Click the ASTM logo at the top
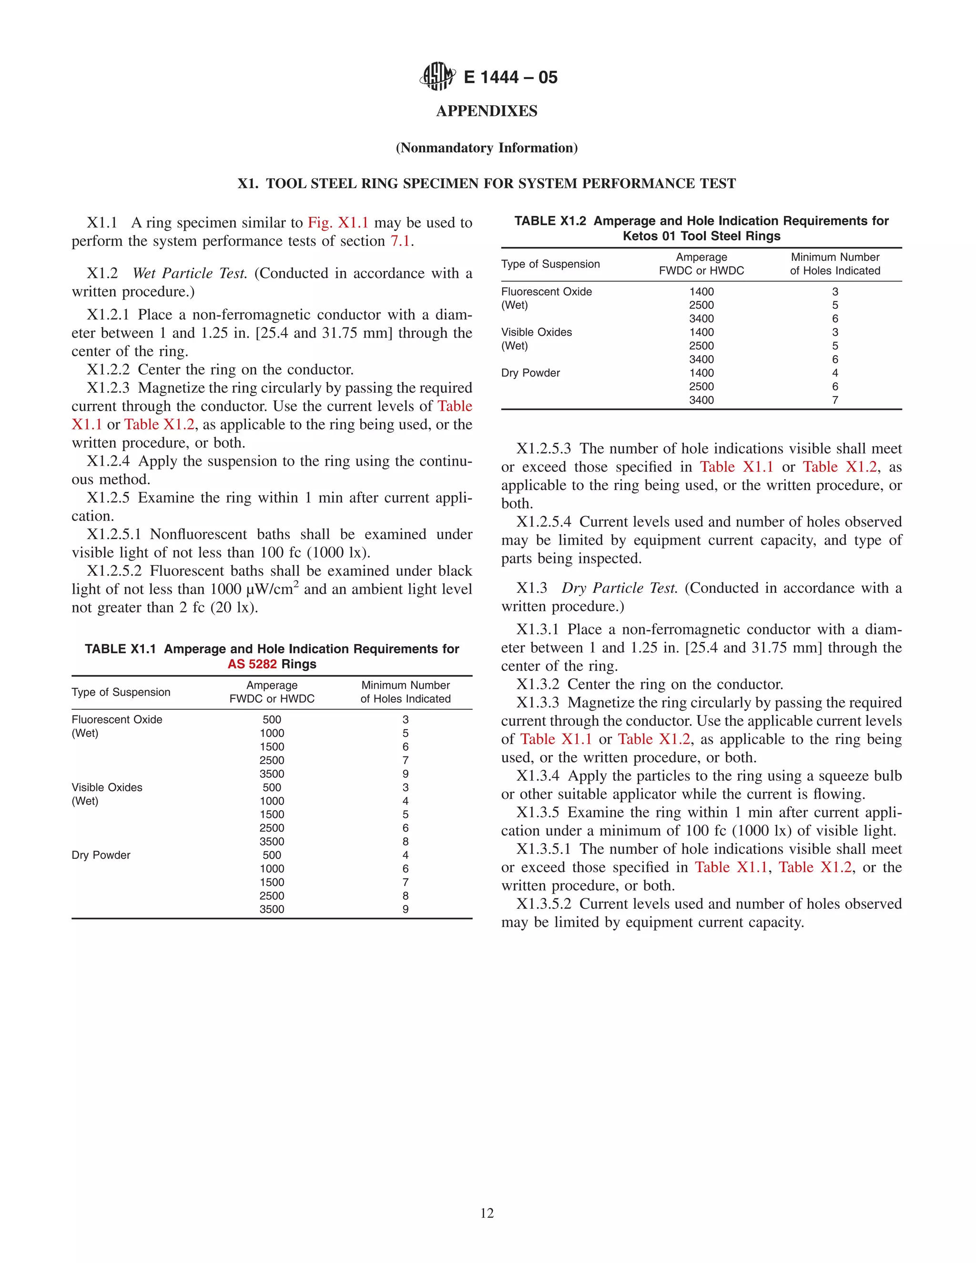[437, 76]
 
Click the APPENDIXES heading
[487, 111]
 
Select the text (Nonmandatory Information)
[487, 148]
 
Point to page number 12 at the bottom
[487, 1213]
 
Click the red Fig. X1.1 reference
[338, 223]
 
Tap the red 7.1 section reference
[401, 241]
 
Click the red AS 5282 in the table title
[252, 664]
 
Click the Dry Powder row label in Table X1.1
[101, 855]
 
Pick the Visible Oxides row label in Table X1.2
[537, 332]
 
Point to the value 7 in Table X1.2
[835, 400]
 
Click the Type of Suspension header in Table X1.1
[121, 692]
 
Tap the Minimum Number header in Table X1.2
[835, 257]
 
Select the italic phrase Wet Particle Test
[190, 274]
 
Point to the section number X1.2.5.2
[114, 571]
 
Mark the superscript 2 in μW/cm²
[296, 584]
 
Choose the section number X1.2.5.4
[543, 521]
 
